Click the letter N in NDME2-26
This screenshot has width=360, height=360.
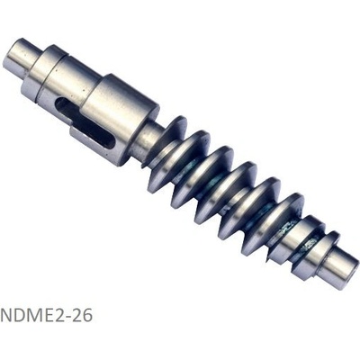(x=6, y=315)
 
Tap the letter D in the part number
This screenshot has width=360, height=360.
(x=20, y=315)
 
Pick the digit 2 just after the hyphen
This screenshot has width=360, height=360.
(x=78, y=315)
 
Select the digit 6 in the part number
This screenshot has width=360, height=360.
(x=88, y=315)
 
